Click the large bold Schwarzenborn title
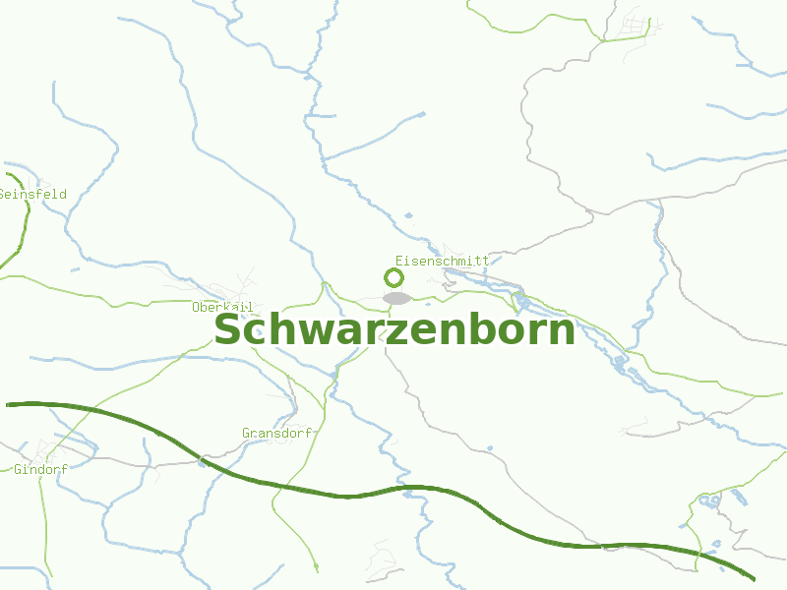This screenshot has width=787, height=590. click(x=393, y=330)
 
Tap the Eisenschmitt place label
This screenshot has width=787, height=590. click(x=442, y=261)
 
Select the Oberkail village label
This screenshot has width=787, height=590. click(x=222, y=308)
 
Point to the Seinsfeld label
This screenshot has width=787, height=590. click(x=32, y=195)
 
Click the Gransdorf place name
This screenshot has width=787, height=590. click(x=276, y=433)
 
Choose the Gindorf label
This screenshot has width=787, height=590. click(x=40, y=470)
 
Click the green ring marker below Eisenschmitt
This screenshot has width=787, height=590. click(x=394, y=278)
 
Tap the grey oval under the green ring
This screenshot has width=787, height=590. click(x=396, y=297)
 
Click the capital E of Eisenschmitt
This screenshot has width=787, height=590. click(x=398, y=261)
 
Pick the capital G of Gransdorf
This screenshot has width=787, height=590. click(x=246, y=433)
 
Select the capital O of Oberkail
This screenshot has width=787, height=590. click(x=196, y=308)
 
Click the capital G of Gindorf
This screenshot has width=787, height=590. click(x=18, y=470)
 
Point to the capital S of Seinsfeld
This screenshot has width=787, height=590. click(x=3, y=195)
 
